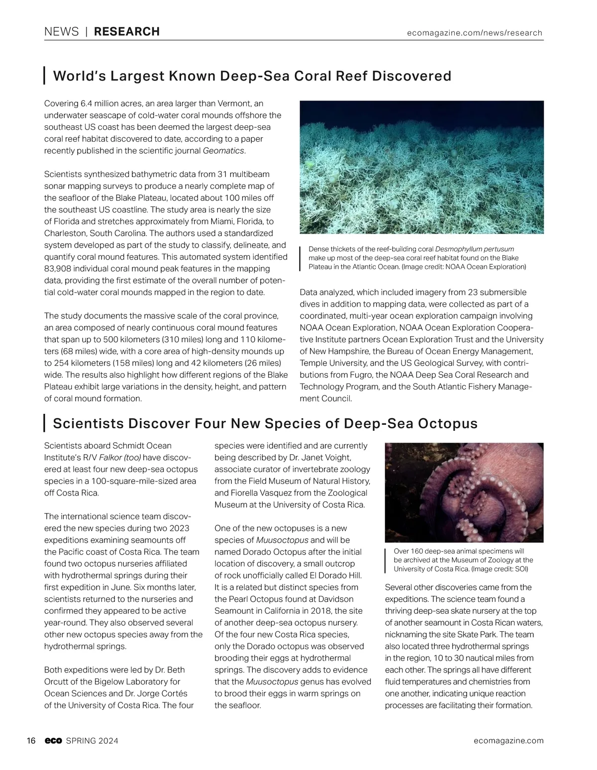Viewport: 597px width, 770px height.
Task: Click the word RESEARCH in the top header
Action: pyautogui.click(x=127, y=32)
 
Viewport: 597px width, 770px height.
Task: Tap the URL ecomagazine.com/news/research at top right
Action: pyautogui.click(x=474, y=33)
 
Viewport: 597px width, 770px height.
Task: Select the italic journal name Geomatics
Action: pyautogui.click(x=224, y=151)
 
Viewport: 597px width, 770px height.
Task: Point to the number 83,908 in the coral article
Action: pyautogui.click(x=61, y=269)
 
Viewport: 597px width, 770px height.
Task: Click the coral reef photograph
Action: pyautogui.click(x=421, y=167)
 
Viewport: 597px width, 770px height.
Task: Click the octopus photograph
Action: pyautogui.click(x=464, y=492)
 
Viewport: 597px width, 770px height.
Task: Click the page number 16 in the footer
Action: pyautogui.click(x=31, y=741)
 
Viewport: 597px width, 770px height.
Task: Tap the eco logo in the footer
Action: pyautogui.click(x=53, y=741)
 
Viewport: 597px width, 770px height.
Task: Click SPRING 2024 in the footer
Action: pyautogui.click(x=92, y=741)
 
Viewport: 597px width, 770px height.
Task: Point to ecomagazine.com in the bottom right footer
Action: pyautogui.click(x=509, y=741)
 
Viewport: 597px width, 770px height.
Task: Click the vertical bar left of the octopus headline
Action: pyautogui.click(x=45, y=423)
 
